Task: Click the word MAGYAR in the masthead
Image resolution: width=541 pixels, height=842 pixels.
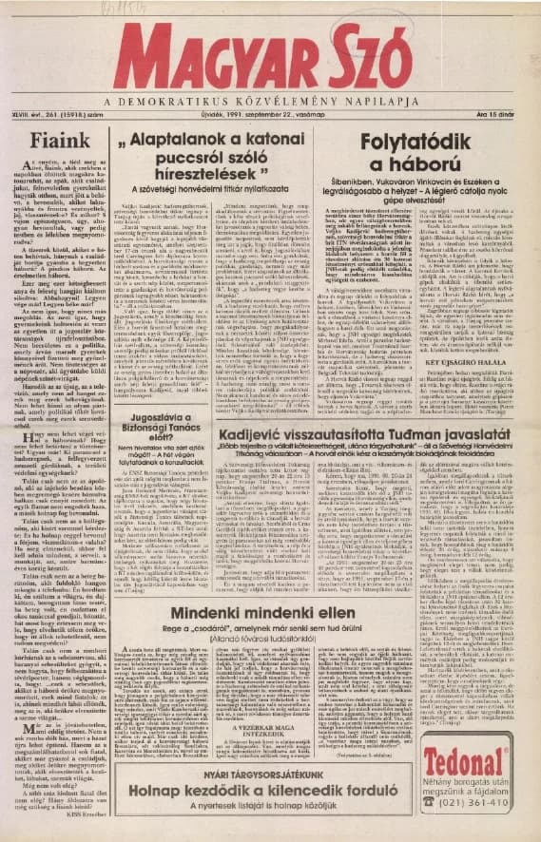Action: click(x=204, y=52)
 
